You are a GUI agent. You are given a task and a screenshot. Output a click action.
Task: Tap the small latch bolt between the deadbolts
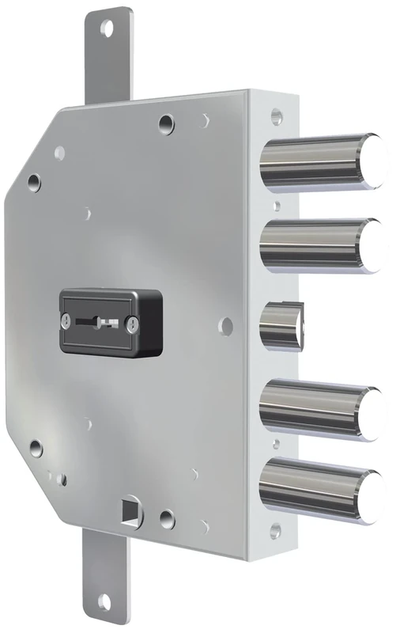[x=279, y=324]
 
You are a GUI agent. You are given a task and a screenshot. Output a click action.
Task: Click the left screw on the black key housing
[x=66, y=321]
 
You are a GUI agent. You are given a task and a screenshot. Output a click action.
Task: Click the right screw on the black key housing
[x=133, y=323]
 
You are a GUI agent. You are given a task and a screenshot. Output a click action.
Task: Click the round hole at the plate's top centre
[x=165, y=123]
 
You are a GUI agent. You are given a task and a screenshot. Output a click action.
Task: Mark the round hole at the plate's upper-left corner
[x=35, y=183]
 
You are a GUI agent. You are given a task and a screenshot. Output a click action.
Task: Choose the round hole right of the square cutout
[x=167, y=519]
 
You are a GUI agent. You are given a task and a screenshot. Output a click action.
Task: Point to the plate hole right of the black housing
[x=227, y=324]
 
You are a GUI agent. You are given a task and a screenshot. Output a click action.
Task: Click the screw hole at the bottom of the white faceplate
[x=275, y=529]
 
